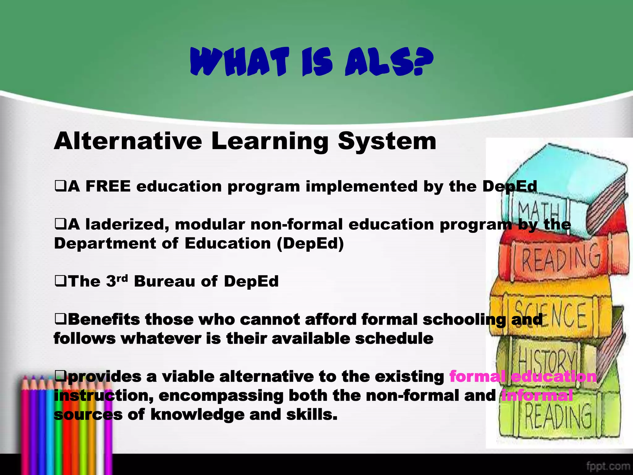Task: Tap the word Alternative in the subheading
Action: [x=128, y=141]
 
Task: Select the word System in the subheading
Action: [x=387, y=142]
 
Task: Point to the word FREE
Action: [x=108, y=186]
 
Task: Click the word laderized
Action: [x=127, y=225]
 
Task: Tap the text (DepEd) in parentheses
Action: [x=310, y=243]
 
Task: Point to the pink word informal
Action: [x=537, y=396]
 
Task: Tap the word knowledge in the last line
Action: [x=197, y=415]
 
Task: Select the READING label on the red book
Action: [x=561, y=257]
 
